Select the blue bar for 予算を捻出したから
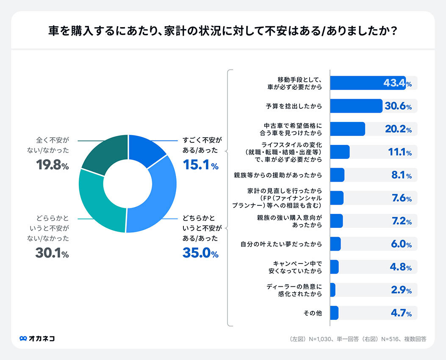pos(356,106)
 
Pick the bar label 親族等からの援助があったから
pos(278,175)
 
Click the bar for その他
pos(334,313)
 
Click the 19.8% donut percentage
pos(53,166)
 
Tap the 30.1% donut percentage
pos(53,254)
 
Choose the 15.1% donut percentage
pos(200,166)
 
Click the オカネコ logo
pos(37,338)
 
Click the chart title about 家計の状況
pos(223,32)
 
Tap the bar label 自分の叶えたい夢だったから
pos(281,244)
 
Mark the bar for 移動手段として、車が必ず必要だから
pos(368,83)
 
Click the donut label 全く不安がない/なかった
pos(52,144)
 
